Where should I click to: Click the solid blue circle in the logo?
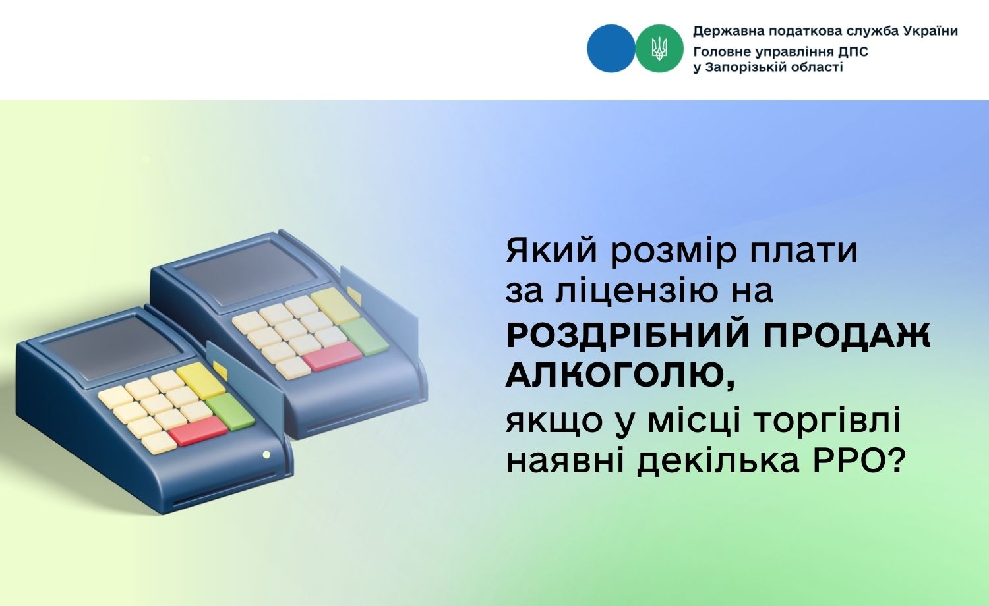tap(611, 49)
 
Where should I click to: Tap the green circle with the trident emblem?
tap(659, 49)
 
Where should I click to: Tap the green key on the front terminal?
tap(230, 412)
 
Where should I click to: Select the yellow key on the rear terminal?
tap(335, 306)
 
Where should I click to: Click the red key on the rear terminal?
tap(332, 356)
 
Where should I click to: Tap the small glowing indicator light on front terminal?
tap(266, 454)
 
